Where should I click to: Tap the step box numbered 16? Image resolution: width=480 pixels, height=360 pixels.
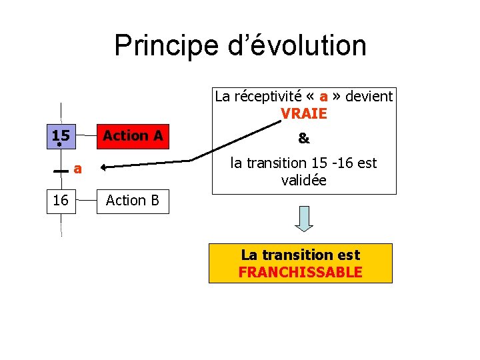coord(61,200)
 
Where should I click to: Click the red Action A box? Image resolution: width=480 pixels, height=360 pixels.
coord(133,136)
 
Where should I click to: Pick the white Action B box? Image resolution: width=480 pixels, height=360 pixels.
coord(133,200)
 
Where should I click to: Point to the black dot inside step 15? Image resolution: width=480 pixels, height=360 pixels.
coord(59,144)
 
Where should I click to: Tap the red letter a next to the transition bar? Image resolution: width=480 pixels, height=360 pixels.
coord(78,169)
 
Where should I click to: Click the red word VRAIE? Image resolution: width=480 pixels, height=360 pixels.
coord(304,113)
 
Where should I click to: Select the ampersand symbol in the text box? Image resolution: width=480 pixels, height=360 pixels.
coord(304,138)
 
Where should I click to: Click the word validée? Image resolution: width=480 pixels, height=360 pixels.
coord(304,179)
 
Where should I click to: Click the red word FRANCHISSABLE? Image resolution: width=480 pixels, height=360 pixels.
coord(301,272)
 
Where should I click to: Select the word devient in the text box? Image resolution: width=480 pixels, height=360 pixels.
coord(371,96)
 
